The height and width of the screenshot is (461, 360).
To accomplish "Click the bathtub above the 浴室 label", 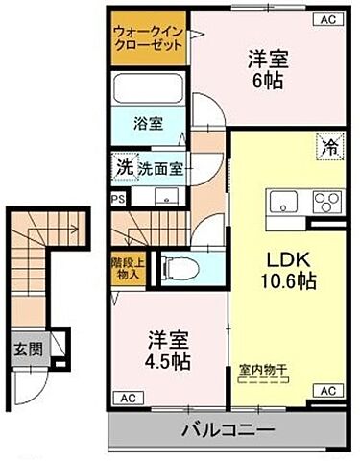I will click(x=149, y=89).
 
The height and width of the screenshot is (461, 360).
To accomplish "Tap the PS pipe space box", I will click(x=118, y=200).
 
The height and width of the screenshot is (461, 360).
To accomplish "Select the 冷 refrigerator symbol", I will click(x=328, y=149).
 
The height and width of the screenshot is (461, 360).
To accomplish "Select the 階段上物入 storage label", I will click(x=126, y=267).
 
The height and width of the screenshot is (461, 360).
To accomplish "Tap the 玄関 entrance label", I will click(x=26, y=348).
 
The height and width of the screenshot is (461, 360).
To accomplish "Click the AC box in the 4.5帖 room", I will click(x=126, y=397).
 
